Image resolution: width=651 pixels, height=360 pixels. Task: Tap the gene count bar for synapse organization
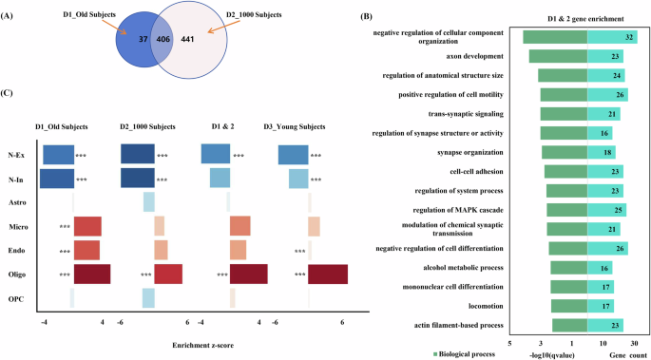pyautogui.click(x=602, y=152)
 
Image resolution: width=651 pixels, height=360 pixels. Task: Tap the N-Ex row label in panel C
pyautogui.click(x=16, y=154)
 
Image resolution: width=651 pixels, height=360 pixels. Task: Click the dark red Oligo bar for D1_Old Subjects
pyautogui.click(x=91, y=274)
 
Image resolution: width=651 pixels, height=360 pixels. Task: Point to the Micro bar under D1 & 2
pyautogui.click(x=239, y=226)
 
